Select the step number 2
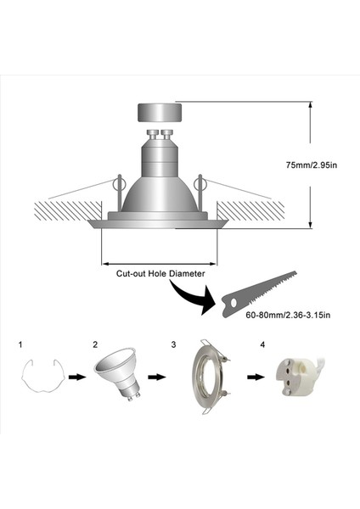[x=96, y=344]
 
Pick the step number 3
[x=173, y=344]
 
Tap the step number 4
[x=263, y=344]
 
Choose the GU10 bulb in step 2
[x=118, y=376]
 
